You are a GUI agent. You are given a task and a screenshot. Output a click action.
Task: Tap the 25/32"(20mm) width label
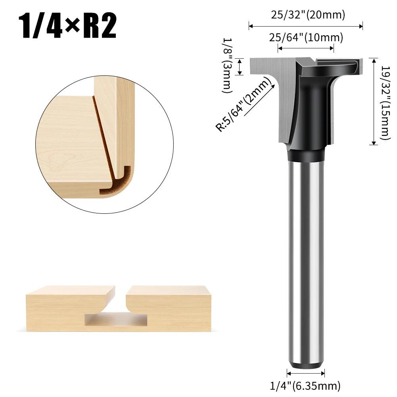[x=308, y=15]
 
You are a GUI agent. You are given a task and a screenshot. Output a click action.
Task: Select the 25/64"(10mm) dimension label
[x=306, y=38]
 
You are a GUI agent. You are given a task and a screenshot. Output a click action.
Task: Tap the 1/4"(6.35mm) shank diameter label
[x=306, y=385]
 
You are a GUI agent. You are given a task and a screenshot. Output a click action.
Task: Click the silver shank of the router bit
[x=305, y=258]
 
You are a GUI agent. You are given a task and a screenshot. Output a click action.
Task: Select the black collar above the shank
[x=306, y=155]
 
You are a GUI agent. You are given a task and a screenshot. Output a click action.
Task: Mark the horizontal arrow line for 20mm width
[x=306, y=27]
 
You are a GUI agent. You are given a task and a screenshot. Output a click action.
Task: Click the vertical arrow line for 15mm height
[x=373, y=102]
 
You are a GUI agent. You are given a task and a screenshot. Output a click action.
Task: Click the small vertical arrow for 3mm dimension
[x=240, y=66]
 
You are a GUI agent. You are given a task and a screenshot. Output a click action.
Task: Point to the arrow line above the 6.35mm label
[x=306, y=373]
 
